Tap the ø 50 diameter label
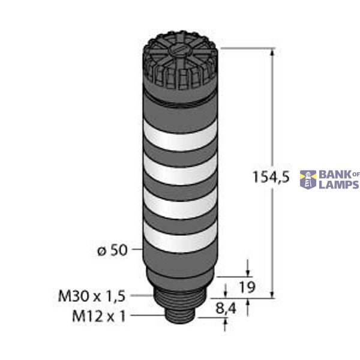(x=113, y=250)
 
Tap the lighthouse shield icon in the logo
(x=309, y=179)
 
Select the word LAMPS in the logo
(x=338, y=185)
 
